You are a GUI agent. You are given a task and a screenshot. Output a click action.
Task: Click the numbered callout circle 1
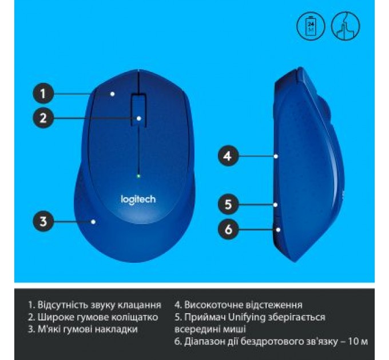click(x=43, y=93)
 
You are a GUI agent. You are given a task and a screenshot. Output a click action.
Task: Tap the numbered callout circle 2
click(x=43, y=119)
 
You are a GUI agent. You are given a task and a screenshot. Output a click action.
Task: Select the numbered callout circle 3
click(x=43, y=220)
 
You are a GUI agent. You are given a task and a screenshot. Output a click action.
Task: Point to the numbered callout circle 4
click(x=228, y=155)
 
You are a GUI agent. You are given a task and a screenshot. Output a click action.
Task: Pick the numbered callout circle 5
click(x=228, y=203)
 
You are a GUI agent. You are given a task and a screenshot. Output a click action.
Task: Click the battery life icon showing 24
click(x=311, y=25)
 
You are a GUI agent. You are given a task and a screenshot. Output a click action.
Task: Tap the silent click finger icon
click(x=346, y=25)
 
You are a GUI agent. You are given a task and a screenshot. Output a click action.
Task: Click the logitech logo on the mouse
click(x=137, y=199)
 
